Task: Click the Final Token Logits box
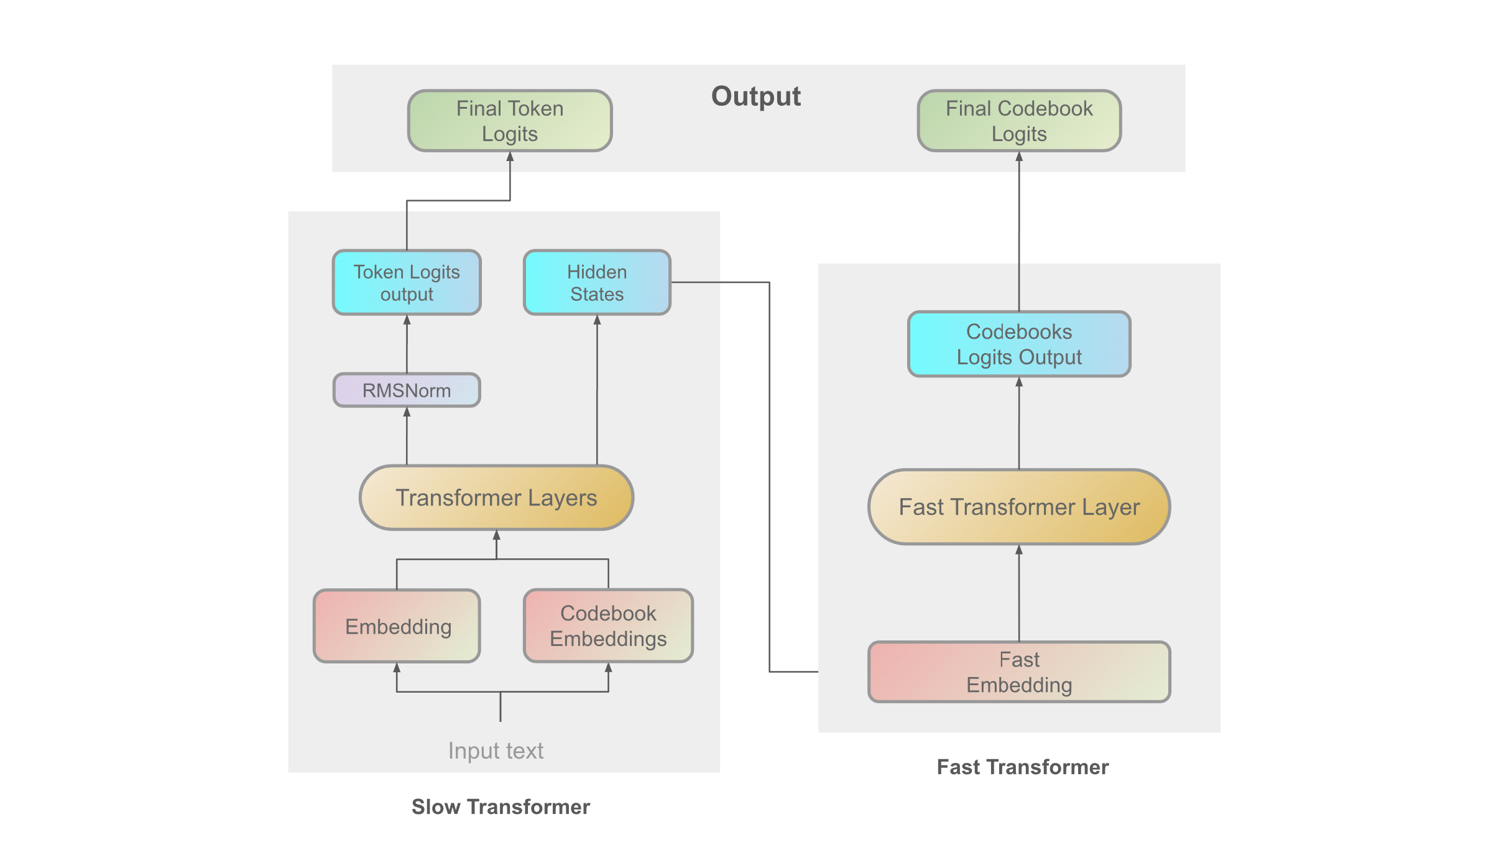[510, 121]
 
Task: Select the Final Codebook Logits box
[1019, 121]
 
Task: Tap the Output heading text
[755, 96]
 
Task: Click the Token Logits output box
[407, 282]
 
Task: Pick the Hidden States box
[597, 282]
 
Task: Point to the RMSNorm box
[407, 390]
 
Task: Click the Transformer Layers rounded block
[496, 497]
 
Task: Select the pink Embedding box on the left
[397, 626]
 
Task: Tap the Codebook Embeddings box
[608, 626]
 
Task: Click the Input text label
[496, 750]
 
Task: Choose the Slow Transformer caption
[501, 806]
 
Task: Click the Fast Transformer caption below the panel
[1022, 767]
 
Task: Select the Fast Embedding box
[1019, 672]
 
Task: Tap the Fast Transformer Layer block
[1019, 507]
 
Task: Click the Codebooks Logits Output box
[1019, 344]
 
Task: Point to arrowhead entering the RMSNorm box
[407, 412]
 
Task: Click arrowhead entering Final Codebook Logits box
[1019, 157]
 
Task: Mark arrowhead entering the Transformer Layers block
[496, 535]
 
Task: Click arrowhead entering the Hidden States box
[597, 320]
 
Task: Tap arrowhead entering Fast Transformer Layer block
[1019, 550]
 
